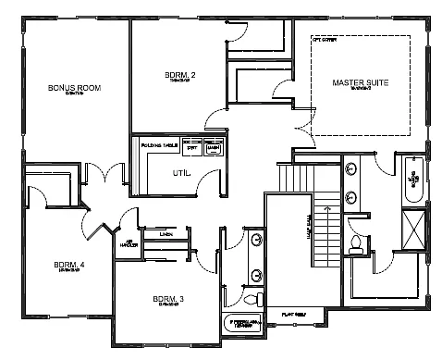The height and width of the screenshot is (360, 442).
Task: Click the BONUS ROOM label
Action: [74, 88]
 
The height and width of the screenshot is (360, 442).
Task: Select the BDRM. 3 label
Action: [168, 298]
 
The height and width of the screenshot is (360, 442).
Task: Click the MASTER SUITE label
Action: [360, 83]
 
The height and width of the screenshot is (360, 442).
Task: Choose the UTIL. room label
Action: [181, 173]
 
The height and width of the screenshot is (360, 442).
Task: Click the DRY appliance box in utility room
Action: [192, 145]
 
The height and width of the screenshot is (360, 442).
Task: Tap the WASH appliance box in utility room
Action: [214, 145]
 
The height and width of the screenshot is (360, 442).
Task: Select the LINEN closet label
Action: [166, 234]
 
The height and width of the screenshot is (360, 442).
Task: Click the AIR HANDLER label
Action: [129, 243]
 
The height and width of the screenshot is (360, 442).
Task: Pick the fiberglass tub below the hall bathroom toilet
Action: [244, 322]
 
